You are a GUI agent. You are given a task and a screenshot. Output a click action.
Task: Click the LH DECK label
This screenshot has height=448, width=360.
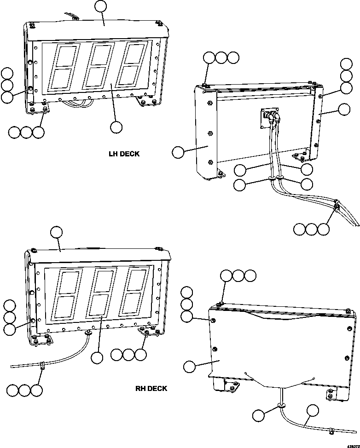124,154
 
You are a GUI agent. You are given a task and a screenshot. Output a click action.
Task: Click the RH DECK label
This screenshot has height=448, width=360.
151,389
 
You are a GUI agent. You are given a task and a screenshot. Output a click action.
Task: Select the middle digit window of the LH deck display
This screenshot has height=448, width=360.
99,66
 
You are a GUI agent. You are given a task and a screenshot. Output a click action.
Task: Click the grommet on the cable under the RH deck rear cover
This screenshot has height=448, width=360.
280,406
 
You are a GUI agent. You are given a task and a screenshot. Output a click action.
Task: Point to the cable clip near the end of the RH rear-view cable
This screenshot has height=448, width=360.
331,431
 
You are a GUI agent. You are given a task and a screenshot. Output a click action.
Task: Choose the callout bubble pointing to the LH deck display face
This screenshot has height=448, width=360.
116,126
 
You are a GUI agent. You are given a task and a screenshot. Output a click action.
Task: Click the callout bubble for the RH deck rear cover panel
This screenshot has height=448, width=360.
189,366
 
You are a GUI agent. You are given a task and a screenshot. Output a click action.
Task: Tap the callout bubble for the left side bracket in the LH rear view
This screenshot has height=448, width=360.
178,152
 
